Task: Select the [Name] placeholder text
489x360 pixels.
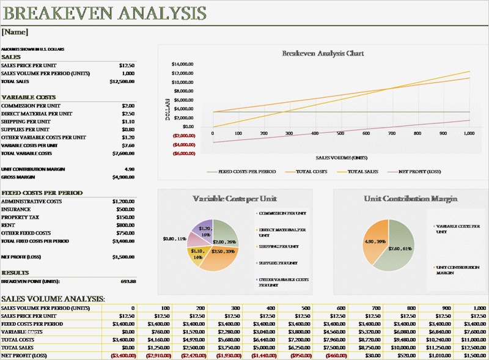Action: pyautogui.click(x=15, y=32)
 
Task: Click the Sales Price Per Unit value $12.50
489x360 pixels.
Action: pyautogui.click(x=127, y=65)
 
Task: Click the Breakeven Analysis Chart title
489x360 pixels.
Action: pyautogui.click(x=323, y=53)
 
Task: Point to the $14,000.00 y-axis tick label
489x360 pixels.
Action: pyautogui.click(x=183, y=64)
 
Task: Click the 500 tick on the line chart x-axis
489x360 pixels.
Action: pyautogui.click(x=315, y=133)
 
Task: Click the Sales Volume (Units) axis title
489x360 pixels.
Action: pyautogui.click(x=341, y=157)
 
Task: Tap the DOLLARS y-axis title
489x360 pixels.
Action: pyautogui.click(x=168, y=108)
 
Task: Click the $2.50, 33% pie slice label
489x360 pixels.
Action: pyautogui.click(x=222, y=251)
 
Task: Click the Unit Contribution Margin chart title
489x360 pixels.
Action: pyautogui.click(x=410, y=199)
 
